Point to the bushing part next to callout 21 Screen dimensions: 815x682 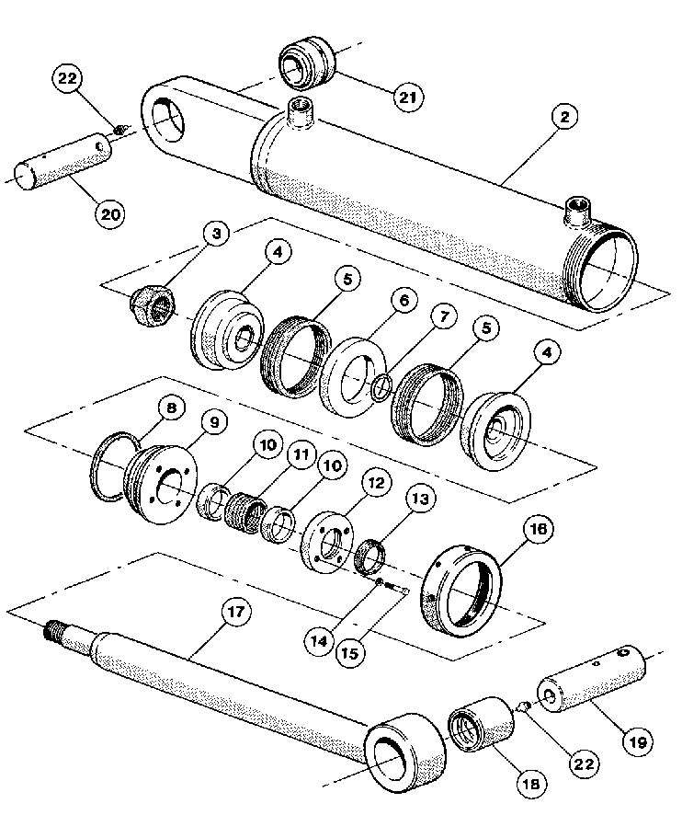coord(306,60)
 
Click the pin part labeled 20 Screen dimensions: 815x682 coord(65,165)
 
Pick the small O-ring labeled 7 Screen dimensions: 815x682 coord(381,386)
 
